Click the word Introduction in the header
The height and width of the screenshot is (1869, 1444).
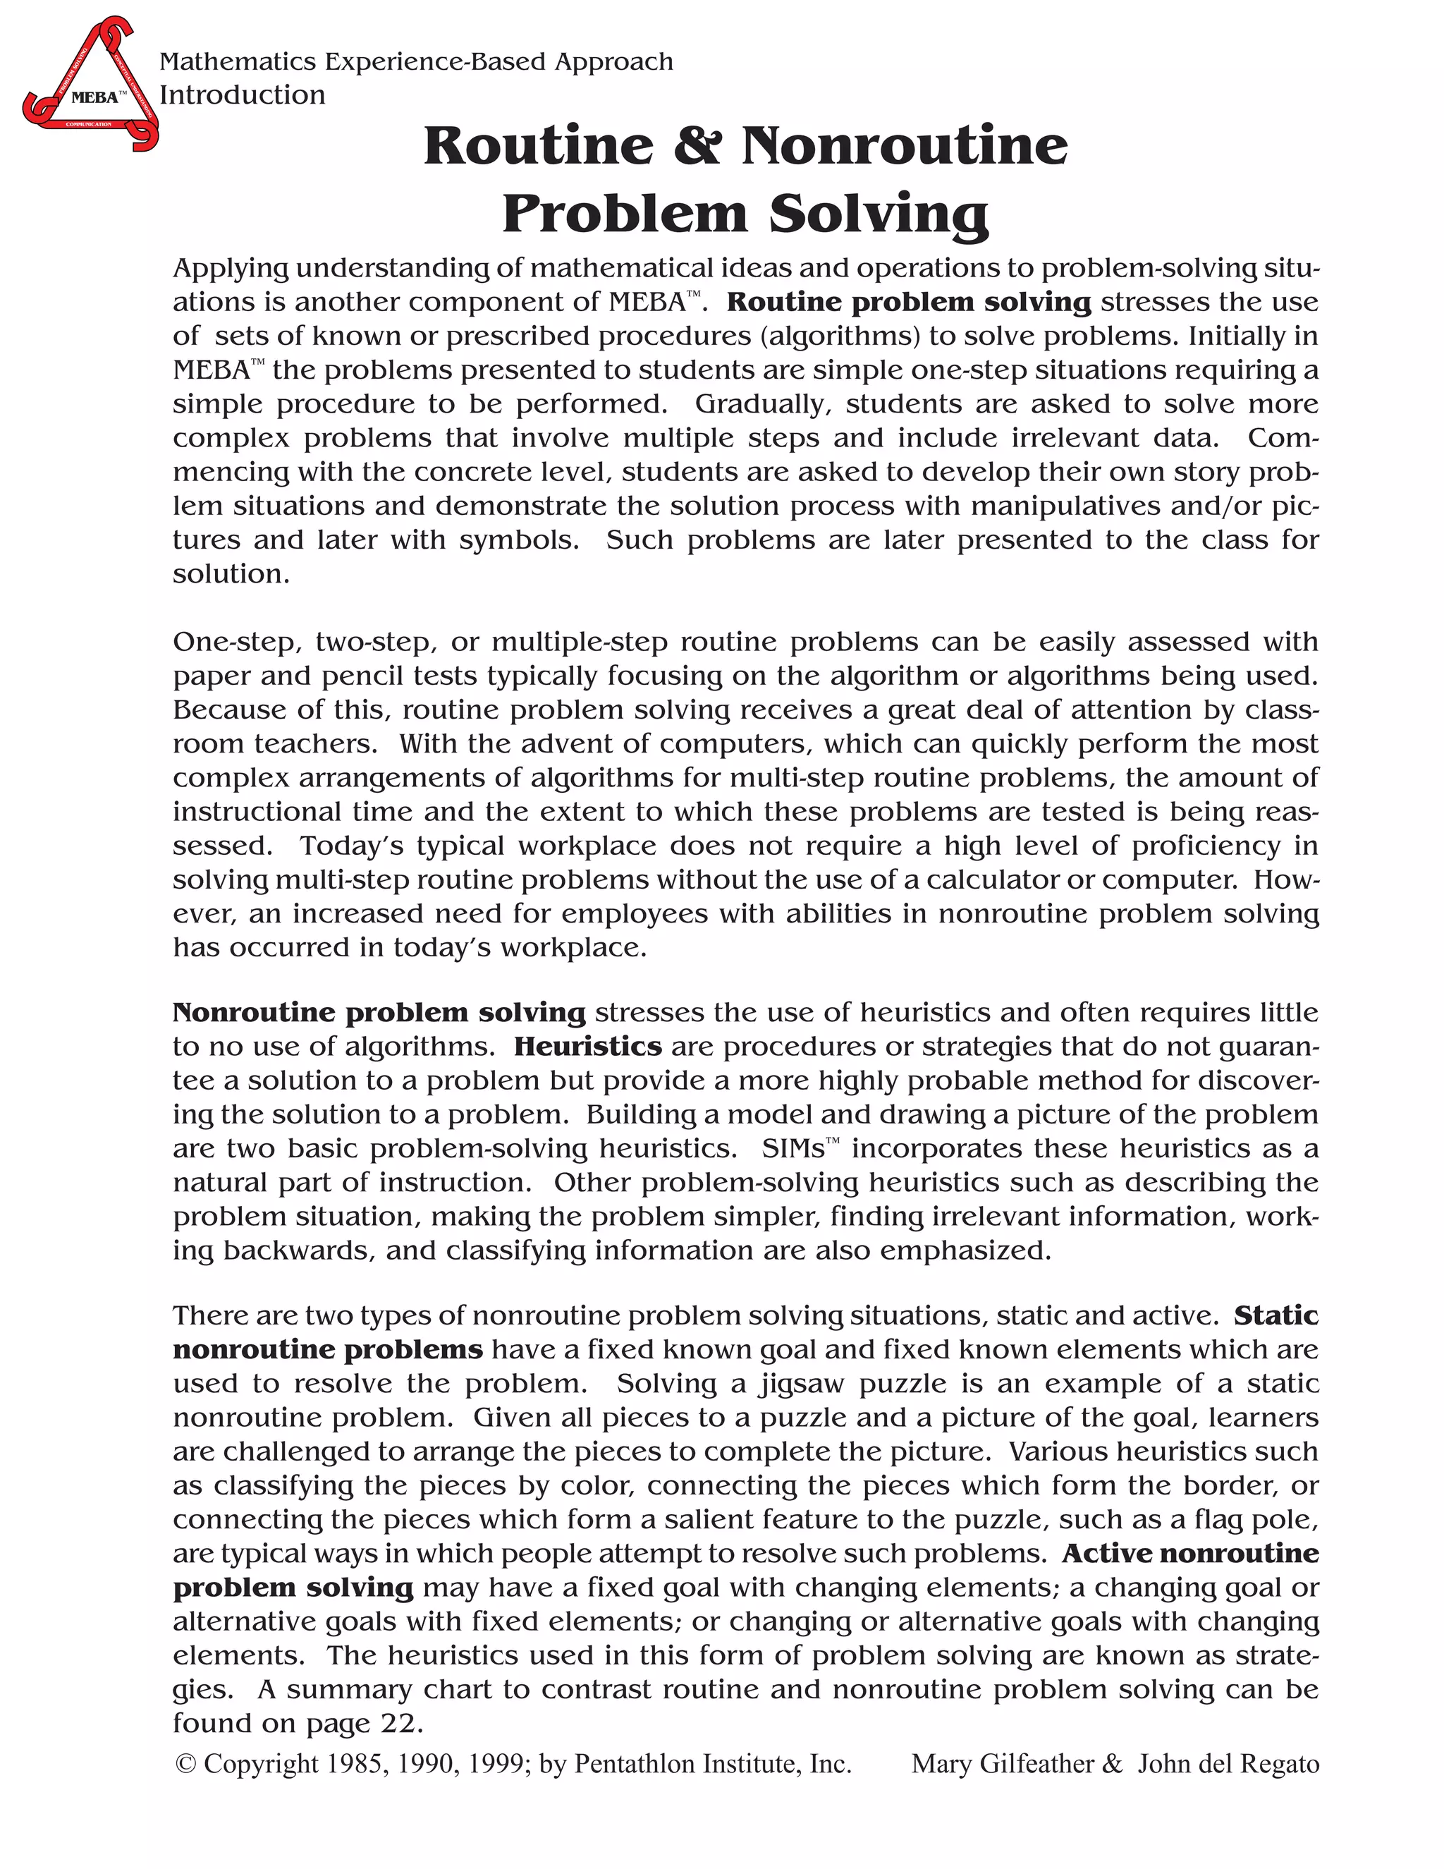[x=242, y=95]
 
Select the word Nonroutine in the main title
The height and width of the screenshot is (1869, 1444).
[x=904, y=145]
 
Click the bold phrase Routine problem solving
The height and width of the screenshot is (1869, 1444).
[x=907, y=302]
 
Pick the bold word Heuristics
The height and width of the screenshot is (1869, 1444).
[x=588, y=1047]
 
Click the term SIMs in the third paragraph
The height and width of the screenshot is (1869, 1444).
[x=793, y=1148]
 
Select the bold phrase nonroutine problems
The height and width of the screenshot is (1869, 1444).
[x=328, y=1349]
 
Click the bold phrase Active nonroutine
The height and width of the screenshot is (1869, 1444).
[x=1190, y=1553]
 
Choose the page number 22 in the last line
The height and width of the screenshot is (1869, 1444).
[x=398, y=1723]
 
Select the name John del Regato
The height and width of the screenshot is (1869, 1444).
[x=1228, y=1764]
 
